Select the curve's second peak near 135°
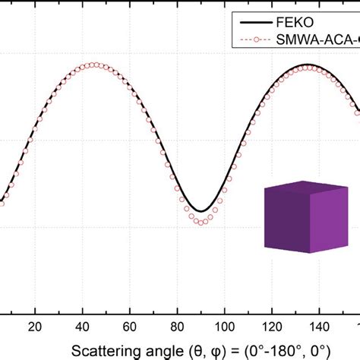pos(308,65)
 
